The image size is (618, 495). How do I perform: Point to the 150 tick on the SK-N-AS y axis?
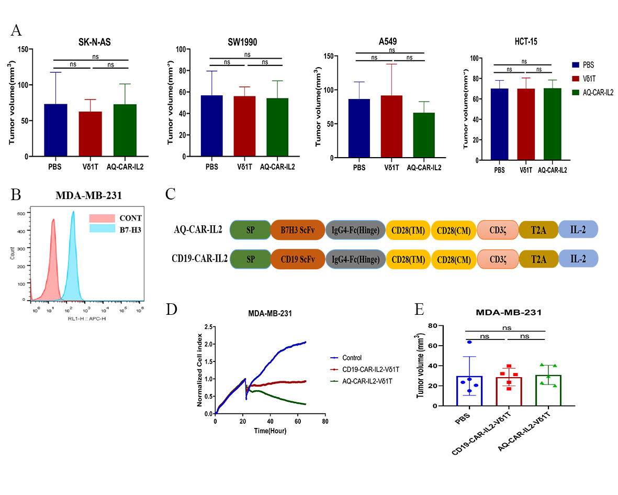[23, 49]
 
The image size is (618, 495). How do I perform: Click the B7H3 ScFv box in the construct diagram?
[297, 229]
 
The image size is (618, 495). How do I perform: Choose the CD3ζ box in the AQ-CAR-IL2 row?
[497, 229]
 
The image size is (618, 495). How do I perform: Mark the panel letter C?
[170, 194]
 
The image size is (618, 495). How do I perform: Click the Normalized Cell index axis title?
[200, 370]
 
